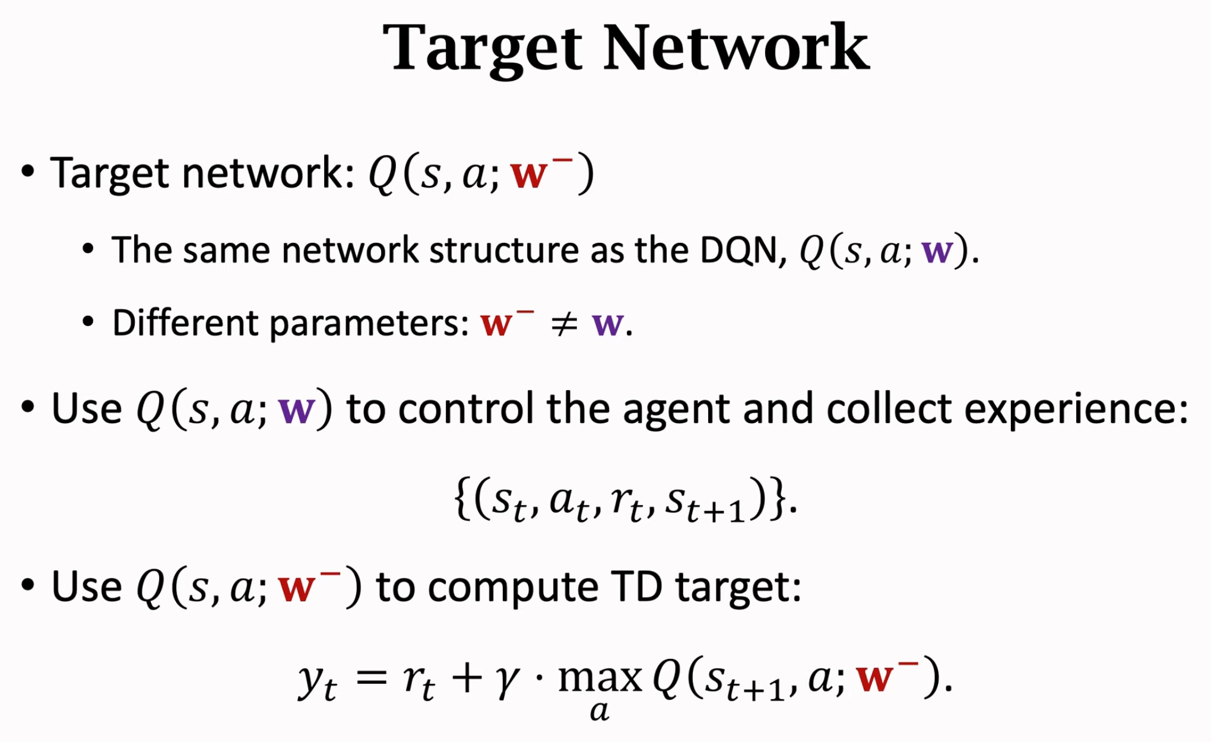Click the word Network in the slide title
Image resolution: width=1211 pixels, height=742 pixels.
pyautogui.click(x=736, y=47)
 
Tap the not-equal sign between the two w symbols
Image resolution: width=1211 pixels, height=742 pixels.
pyautogui.click(x=563, y=324)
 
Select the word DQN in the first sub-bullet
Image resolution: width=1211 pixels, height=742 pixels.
pyautogui.click(x=738, y=250)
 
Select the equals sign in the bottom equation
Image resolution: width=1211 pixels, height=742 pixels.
pyautogui.click(x=372, y=678)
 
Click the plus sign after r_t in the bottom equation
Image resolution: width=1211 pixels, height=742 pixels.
pyautogui.click(x=467, y=678)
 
